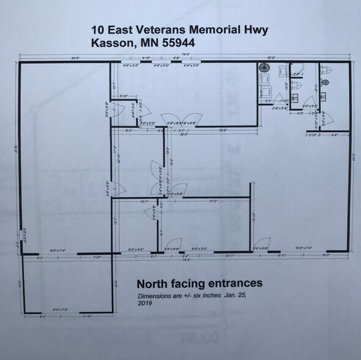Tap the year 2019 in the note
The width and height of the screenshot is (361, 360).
click(145, 302)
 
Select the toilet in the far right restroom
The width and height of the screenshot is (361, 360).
click(326, 79)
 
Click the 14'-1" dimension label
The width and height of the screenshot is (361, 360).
click(144, 201)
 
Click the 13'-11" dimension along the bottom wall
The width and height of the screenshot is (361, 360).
click(230, 255)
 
